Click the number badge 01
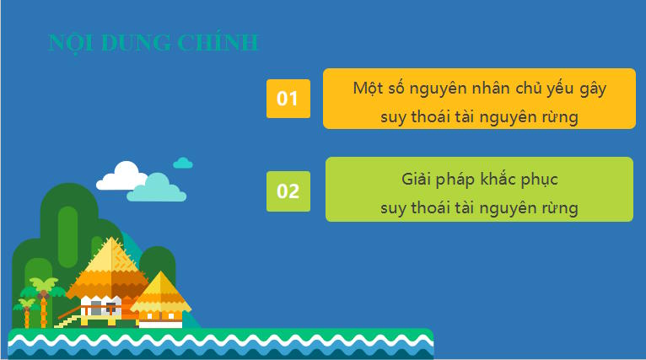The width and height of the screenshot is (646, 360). coord(288,99)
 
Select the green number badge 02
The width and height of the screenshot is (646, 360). coord(288,191)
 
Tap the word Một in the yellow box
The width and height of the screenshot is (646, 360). coord(369,88)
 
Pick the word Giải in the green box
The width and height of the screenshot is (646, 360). coord(418,180)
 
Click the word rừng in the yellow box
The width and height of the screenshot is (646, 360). coord(558,117)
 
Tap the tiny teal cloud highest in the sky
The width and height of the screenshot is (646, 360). coord(183,162)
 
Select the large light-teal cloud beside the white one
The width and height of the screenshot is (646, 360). coord(157,189)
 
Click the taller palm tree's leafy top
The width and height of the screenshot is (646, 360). coord(42,285)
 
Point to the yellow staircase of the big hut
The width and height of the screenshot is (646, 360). coord(68,319)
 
